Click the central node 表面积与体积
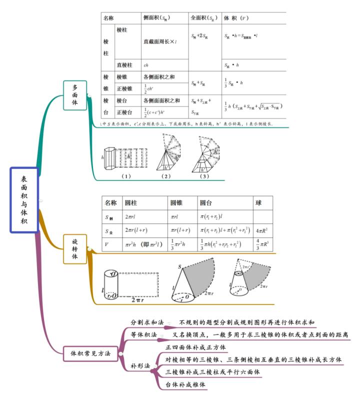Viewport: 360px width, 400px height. pyautogui.click(x=24, y=200)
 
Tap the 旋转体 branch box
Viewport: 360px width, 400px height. pyautogui.click(x=75, y=248)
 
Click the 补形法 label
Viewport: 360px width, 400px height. pyautogui.click(x=140, y=366)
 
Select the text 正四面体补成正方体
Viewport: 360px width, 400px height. pyautogui.click(x=195, y=347)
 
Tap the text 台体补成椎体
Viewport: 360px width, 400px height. pyautogui.click(x=186, y=384)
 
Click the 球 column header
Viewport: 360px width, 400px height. pyautogui.click(x=258, y=203)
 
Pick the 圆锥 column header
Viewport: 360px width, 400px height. pyautogui.click(x=176, y=203)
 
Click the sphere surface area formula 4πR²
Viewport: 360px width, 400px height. pyautogui.click(x=263, y=231)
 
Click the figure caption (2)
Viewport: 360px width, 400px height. pyautogui.click(x=166, y=176)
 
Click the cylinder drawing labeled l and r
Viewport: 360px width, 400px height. pyautogui.click(x=111, y=285)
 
